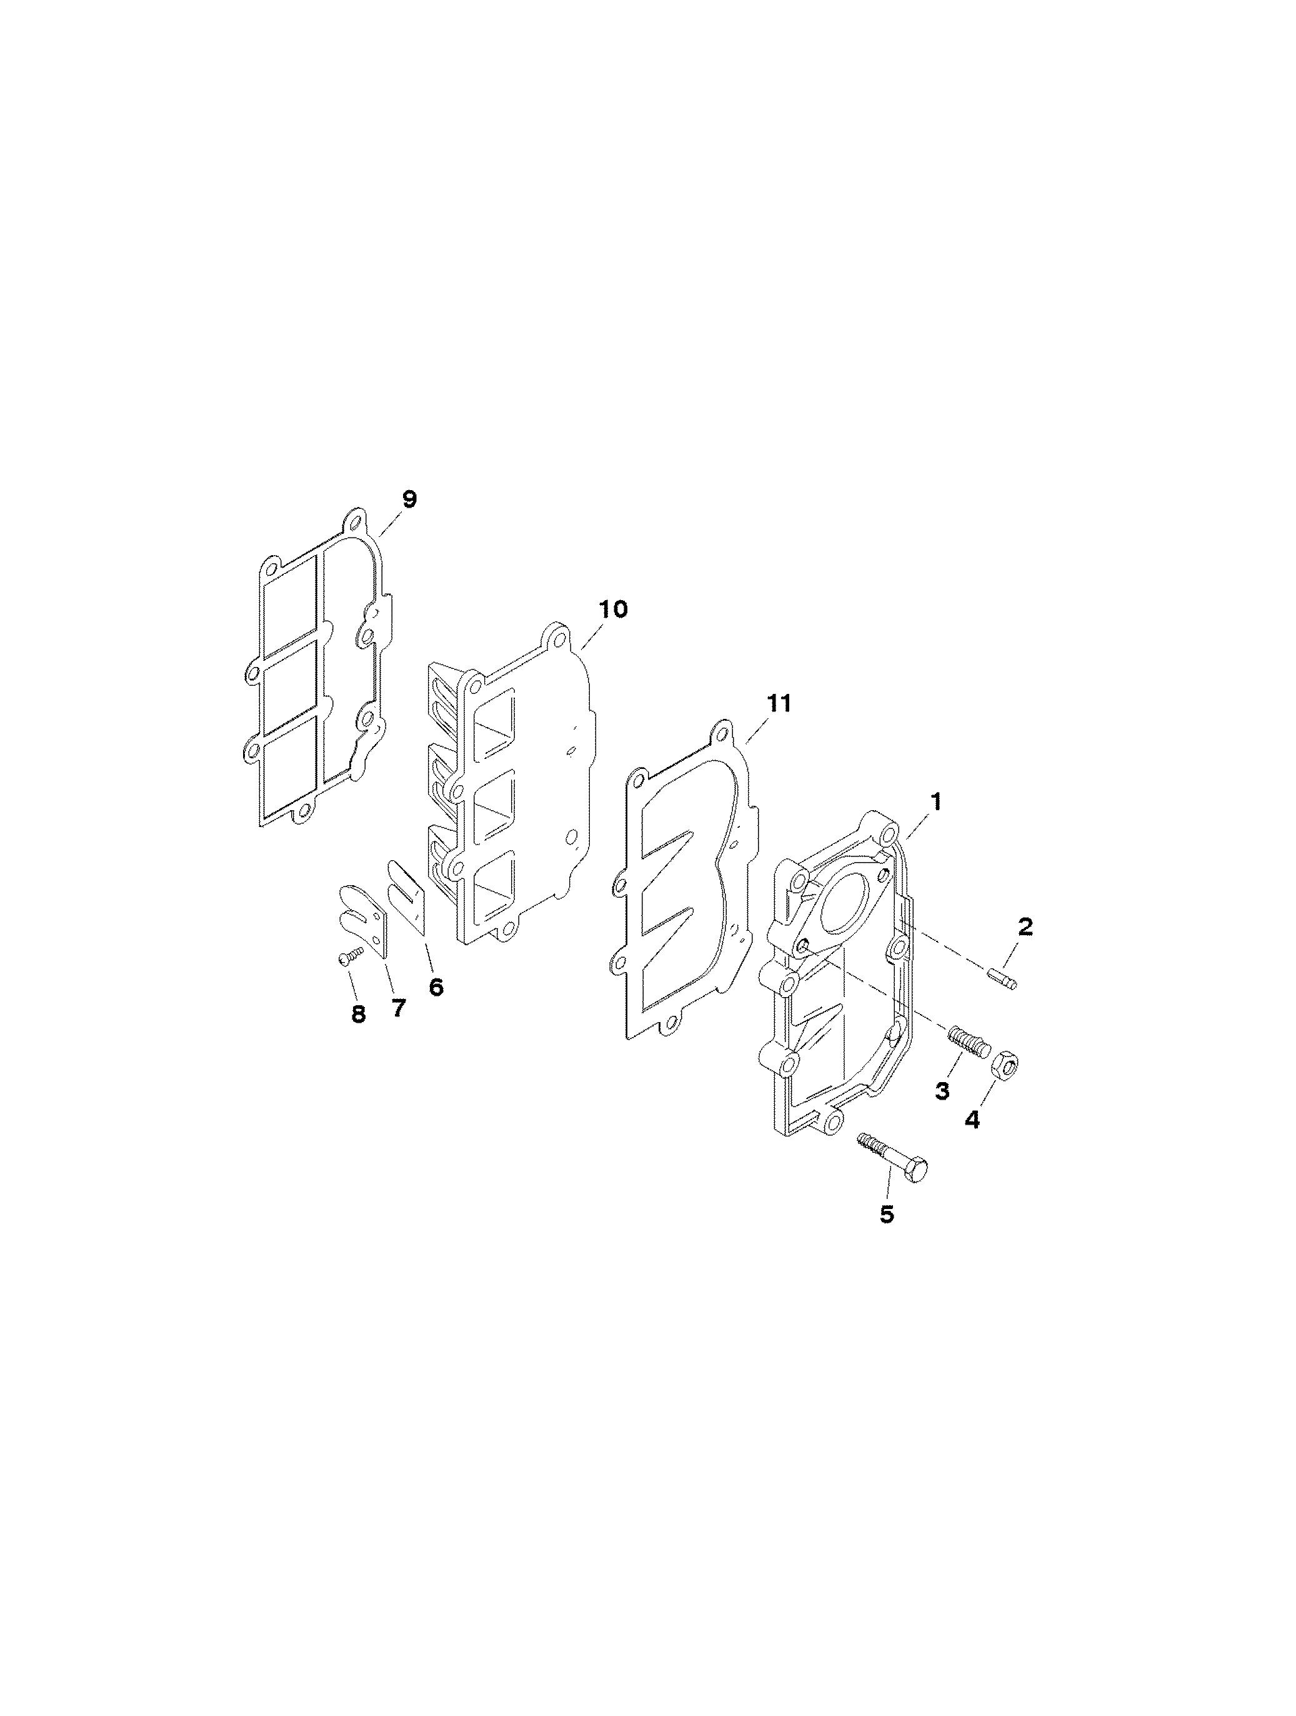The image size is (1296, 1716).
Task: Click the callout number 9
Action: (409, 499)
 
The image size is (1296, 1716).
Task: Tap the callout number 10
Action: (613, 610)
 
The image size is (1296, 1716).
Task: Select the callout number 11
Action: (779, 704)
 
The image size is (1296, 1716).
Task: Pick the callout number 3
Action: (942, 1091)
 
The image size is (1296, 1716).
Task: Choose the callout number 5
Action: (887, 1214)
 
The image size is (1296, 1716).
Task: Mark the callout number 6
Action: (436, 988)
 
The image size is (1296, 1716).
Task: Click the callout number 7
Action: (398, 1008)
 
